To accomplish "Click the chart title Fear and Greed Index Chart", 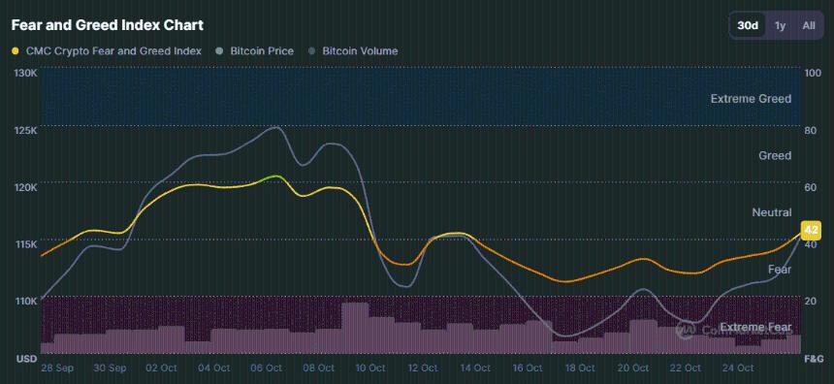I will click(x=107, y=24).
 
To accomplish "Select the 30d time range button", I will click(x=748, y=25).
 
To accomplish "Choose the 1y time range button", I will click(x=780, y=25).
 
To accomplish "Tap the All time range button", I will click(x=808, y=25).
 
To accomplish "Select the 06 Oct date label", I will click(x=266, y=368).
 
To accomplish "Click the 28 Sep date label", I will click(x=57, y=368).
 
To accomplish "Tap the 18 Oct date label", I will click(x=581, y=368).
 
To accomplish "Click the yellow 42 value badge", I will click(x=812, y=230).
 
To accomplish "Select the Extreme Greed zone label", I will click(x=751, y=99).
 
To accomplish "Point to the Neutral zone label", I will click(x=771, y=212).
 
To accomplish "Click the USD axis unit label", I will click(x=26, y=360).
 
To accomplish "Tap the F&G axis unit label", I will click(x=814, y=360).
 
